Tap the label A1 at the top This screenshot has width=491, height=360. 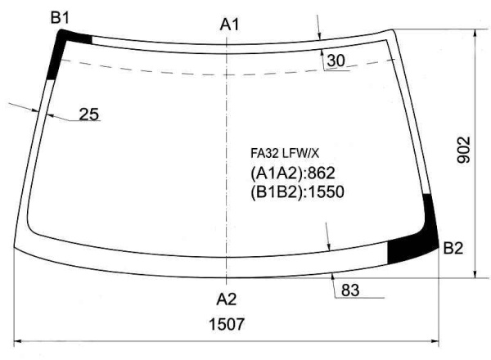tap(230, 25)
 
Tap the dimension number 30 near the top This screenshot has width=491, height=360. tap(336, 61)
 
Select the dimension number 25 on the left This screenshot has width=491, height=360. tap(89, 115)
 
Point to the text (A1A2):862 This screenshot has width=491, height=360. tap(291, 173)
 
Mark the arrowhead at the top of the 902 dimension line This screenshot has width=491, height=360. tap(475, 34)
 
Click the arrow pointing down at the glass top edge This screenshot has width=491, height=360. tap(320, 34)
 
